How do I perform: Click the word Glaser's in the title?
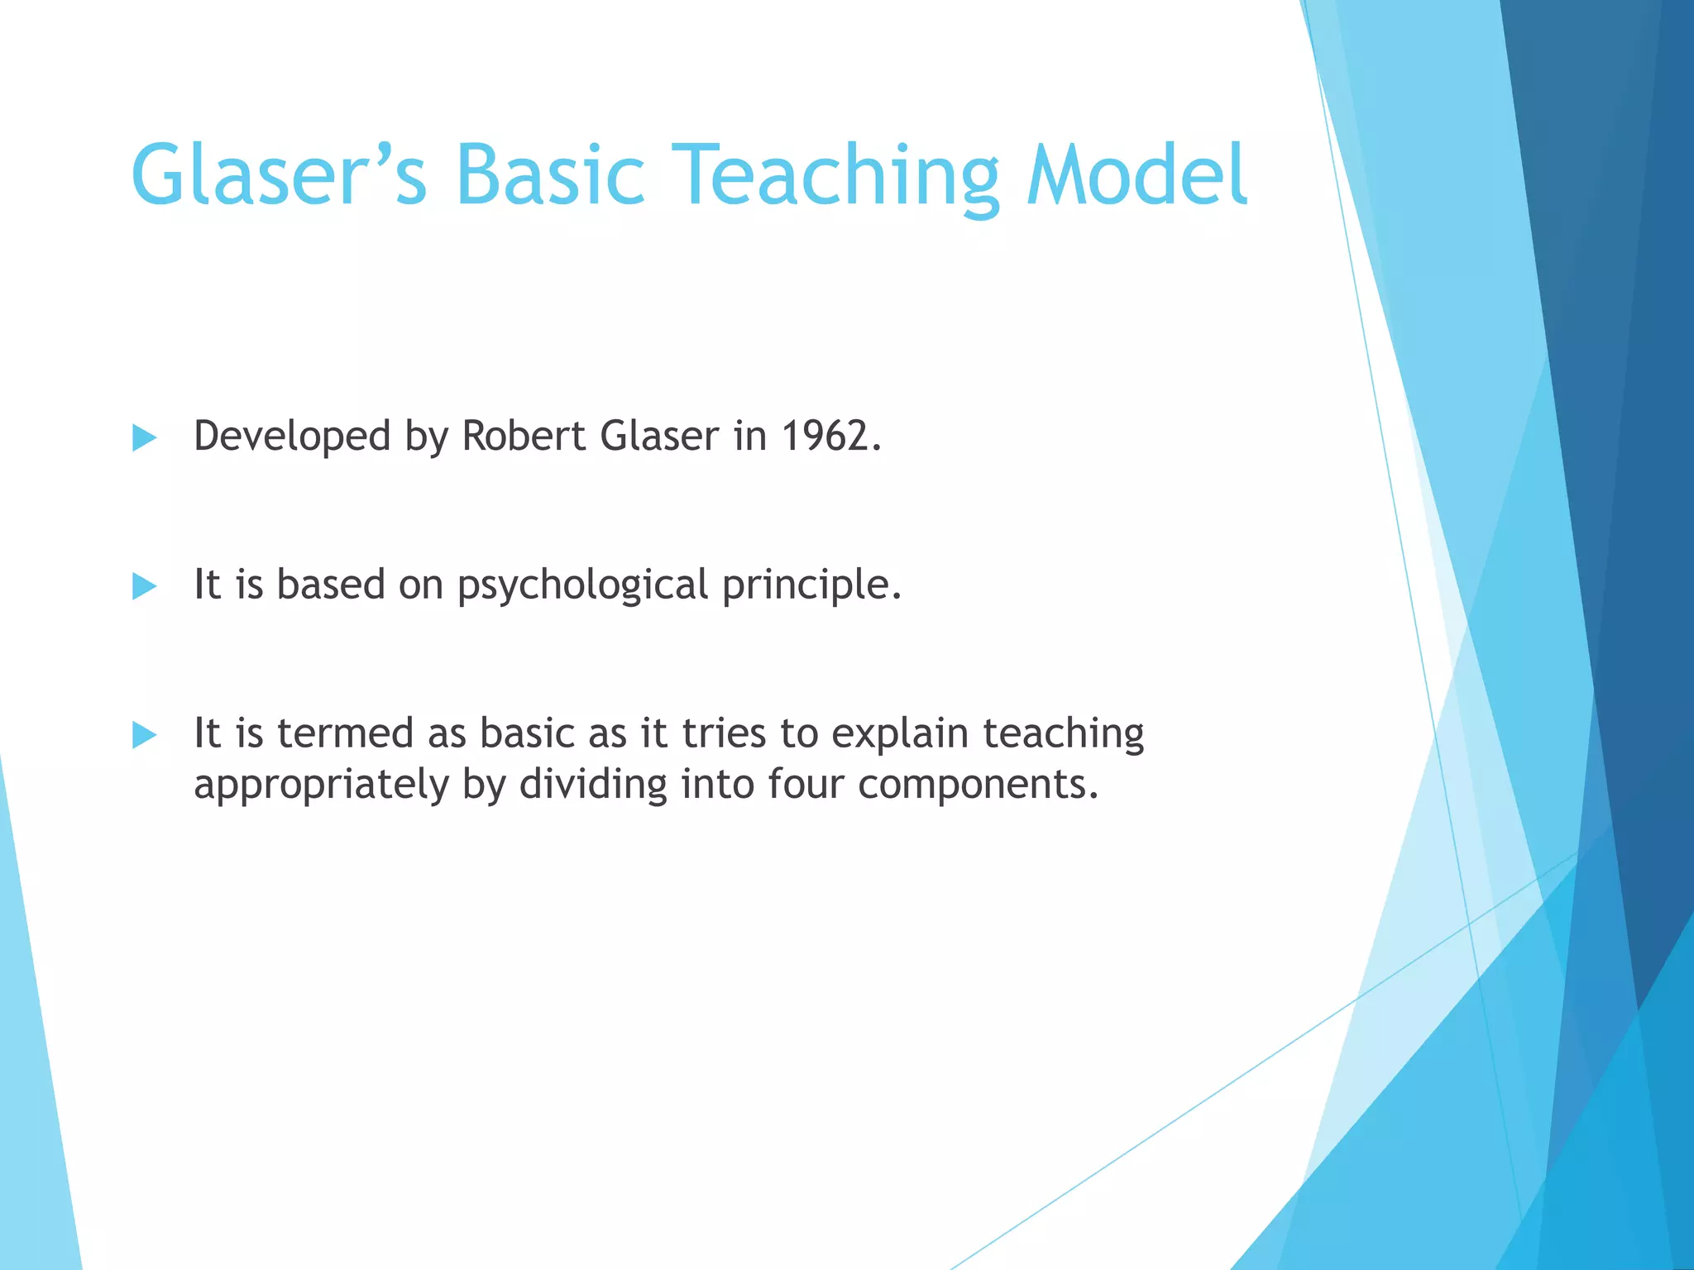[x=279, y=175]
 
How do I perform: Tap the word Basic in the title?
[x=549, y=175]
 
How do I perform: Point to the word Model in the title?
[x=1137, y=175]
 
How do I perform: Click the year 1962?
[x=830, y=436]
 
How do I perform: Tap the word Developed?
[x=291, y=436]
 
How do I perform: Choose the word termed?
[x=344, y=733]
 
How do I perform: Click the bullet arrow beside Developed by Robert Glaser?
[x=144, y=438]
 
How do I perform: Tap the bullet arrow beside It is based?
[x=144, y=586]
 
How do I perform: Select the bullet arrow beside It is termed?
[x=144, y=734]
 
